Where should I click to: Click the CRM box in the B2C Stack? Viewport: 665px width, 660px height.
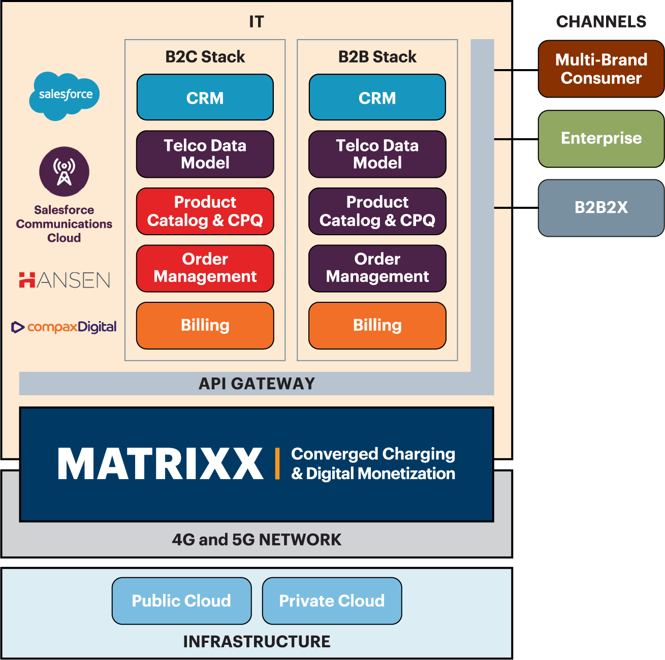[205, 98]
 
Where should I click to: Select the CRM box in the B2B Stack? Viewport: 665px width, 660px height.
[377, 98]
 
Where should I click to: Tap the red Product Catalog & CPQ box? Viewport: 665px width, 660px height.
[205, 211]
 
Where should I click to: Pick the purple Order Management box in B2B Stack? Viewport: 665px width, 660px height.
[377, 268]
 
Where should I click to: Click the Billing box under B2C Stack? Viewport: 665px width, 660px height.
[205, 326]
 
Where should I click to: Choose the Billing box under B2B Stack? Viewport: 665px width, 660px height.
[377, 326]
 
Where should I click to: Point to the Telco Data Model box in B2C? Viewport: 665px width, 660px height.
[205, 154]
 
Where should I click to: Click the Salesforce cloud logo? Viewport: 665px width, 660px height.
[65, 95]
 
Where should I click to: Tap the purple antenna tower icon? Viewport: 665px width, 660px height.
[64, 172]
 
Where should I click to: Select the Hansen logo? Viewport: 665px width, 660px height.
[65, 280]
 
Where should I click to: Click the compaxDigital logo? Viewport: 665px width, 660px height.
[64, 327]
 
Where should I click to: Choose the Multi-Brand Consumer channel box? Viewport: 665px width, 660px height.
[601, 69]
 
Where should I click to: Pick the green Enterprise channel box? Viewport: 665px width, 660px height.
[601, 139]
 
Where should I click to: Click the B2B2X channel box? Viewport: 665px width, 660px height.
[601, 208]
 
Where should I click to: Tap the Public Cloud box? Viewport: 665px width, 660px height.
[181, 601]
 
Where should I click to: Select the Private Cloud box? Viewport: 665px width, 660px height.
[332, 601]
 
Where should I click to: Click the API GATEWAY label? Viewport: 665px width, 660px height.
[257, 384]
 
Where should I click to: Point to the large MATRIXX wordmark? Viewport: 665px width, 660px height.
[161, 464]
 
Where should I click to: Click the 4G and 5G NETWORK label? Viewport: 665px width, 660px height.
[257, 540]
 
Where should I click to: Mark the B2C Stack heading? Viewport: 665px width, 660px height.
[205, 57]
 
